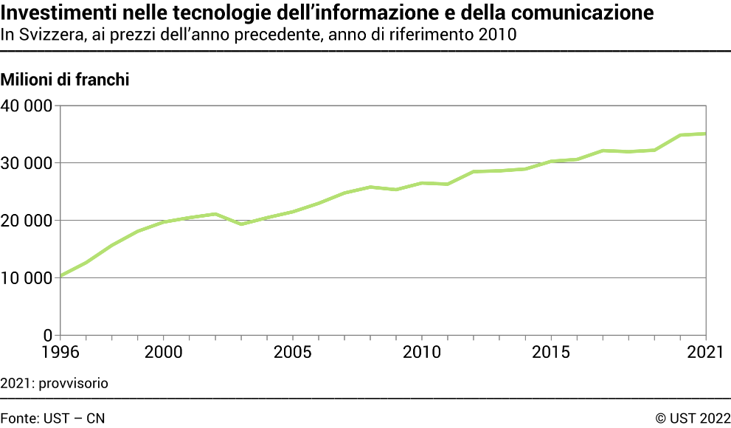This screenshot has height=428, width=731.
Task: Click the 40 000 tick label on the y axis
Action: tap(27, 106)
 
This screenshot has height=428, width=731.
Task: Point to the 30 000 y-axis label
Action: tap(27, 163)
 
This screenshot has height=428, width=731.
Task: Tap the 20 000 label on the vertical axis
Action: tap(27, 221)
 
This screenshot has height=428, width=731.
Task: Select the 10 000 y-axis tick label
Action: tap(27, 278)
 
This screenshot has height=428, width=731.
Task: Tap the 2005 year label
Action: tap(292, 351)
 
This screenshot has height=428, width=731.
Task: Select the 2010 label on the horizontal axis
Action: tap(421, 351)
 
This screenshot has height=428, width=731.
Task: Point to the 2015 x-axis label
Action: tap(551, 351)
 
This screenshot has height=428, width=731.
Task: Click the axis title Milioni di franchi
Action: tap(65, 80)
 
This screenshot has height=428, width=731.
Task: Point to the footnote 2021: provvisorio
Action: tap(55, 383)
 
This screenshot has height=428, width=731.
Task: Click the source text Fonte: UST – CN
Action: tap(52, 418)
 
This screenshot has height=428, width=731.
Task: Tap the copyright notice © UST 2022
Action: tap(693, 418)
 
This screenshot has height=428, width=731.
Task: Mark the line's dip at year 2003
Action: tap(240, 224)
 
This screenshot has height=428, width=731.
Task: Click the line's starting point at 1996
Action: tap(60, 276)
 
